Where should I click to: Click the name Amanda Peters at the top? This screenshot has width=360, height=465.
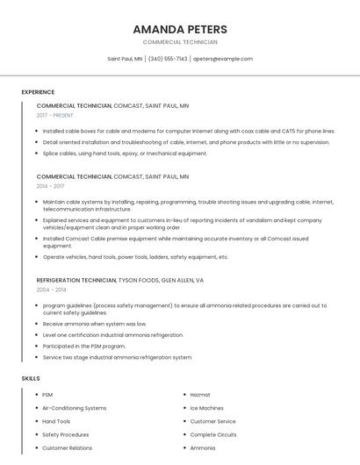point(180,29)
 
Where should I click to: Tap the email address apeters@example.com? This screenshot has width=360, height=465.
point(222,59)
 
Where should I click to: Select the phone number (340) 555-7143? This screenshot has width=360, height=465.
point(168,59)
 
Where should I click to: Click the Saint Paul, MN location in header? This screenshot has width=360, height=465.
point(125,59)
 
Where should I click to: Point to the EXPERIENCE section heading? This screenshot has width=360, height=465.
point(38,92)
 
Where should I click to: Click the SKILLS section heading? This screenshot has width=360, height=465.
point(31,378)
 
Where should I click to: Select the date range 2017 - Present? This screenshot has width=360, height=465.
point(55,115)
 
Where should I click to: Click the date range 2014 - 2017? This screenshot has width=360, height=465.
point(50,186)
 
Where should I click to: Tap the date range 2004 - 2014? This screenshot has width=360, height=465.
point(51,290)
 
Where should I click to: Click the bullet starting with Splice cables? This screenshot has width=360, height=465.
point(125,154)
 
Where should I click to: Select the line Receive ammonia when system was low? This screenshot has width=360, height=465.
point(95,324)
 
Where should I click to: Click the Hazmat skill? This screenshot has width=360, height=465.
point(200,395)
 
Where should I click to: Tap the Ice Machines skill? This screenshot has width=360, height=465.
point(207,408)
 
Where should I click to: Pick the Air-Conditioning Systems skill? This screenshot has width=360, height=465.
point(75,408)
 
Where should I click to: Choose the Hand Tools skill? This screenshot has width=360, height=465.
point(56,421)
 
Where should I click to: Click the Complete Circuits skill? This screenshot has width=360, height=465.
point(213,434)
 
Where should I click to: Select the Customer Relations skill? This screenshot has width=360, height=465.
point(68,447)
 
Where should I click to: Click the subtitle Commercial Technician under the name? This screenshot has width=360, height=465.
point(180,42)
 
